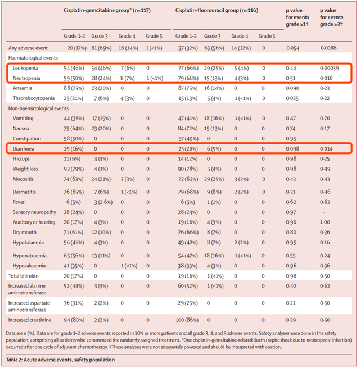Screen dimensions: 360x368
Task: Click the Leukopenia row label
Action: pyautogui.click(x=25, y=68)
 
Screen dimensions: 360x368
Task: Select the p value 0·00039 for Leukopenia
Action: pyautogui.click(x=330, y=69)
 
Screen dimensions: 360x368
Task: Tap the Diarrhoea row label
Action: pyautogui.click(x=24, y=149)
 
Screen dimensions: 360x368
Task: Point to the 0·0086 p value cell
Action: pyautogui.click(x=328, y=48)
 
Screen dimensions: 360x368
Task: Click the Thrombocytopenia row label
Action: pyautogui.click(x=34, y=98)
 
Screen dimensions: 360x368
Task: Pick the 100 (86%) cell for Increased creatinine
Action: pyautogui.click(x=187, y=320)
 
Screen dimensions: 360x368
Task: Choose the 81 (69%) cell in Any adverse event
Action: pyautogui.click(x=101, y=48)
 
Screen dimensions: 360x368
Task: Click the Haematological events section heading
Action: pyautogui.click(x=33, y=58)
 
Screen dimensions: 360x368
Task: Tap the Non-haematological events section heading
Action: pyautogui.click(x=38, y=108)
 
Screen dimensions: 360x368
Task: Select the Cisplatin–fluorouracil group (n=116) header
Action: pyautogui.click(x=217, y=11)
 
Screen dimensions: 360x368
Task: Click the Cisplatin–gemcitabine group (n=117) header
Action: pyautogui.click(x=107, y=11)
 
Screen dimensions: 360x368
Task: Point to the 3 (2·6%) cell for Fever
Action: pyautogui.click(x=103, y=202)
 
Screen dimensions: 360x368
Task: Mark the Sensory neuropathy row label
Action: pyautogui.click(x=34, y=212)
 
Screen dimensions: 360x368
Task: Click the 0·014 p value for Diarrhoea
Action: pyautogui.click(x=326, y=149)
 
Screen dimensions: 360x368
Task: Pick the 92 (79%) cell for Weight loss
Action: pyautogui.click(x=74, y=169)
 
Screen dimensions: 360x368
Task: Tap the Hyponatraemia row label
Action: pyautogui.click(x=29, y=256)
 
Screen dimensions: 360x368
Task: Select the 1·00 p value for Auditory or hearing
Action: pyautogui.click(x=325, y=222)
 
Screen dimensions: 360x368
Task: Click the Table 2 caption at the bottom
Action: pyautogui.click(x=60, y=360)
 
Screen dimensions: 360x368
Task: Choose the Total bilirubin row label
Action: pyautogui.click(x=23, y=276)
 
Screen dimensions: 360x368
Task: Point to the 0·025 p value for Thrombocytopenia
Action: pyautogui.click(x=292, y=98)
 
